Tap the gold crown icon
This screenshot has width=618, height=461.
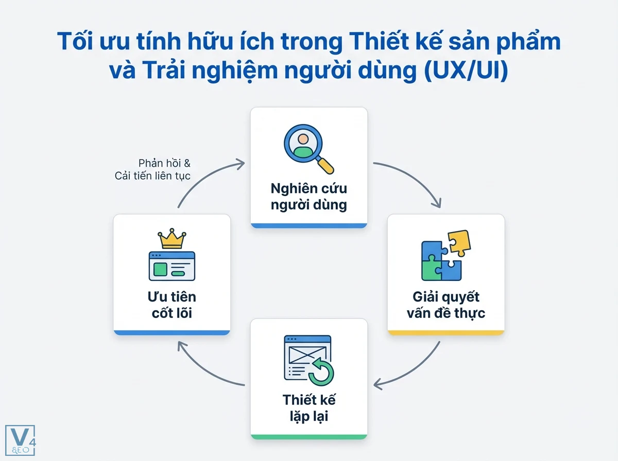[x=171, y=239]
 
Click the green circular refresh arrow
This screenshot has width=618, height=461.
[x=321, y=373]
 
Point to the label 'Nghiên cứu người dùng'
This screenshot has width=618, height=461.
[x=308, y=197]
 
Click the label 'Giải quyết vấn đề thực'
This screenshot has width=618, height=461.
[x=445, y=305]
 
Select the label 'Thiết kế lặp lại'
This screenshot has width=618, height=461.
[x=308, y=407]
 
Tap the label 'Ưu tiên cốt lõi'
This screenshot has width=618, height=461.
[x=171, y=305]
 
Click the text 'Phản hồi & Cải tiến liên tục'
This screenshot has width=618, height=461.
[x=152, y=170]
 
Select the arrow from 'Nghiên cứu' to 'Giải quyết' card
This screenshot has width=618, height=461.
[x=412, y=180]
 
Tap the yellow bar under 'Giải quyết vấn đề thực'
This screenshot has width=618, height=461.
[x=445, y=333]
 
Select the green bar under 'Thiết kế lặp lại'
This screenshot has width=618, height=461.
[x=308, y=437]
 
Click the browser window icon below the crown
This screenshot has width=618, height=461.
[x=171, y=266]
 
